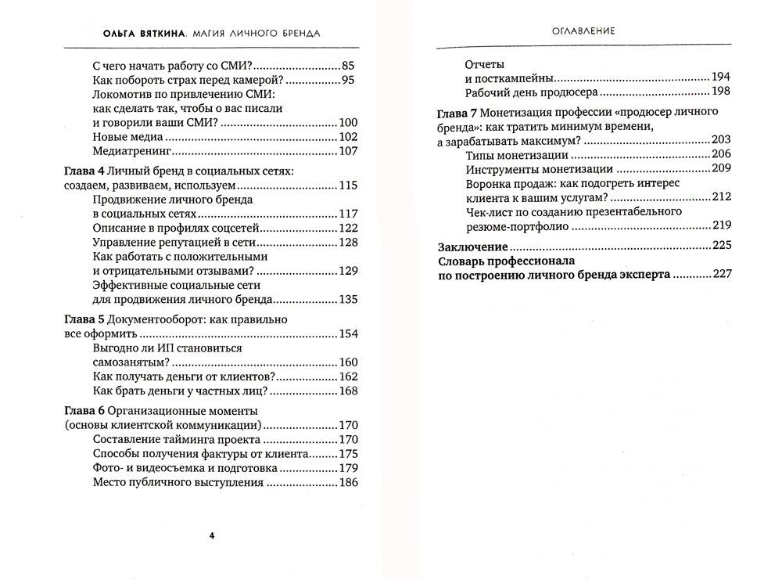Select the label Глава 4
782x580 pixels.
click(x=81, y=171)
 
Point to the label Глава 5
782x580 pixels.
click(x=81, y=320)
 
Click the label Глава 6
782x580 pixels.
click(x=81, y=411)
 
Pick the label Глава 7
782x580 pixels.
click(x=455, y=112)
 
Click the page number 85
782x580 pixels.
click(x=349, y=67)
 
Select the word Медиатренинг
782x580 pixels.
click(x=131, y=151)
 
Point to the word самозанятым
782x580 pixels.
click(x=128, y=362)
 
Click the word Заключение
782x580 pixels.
click(x=474, y=246)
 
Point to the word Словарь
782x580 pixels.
click(x=462, y=261)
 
